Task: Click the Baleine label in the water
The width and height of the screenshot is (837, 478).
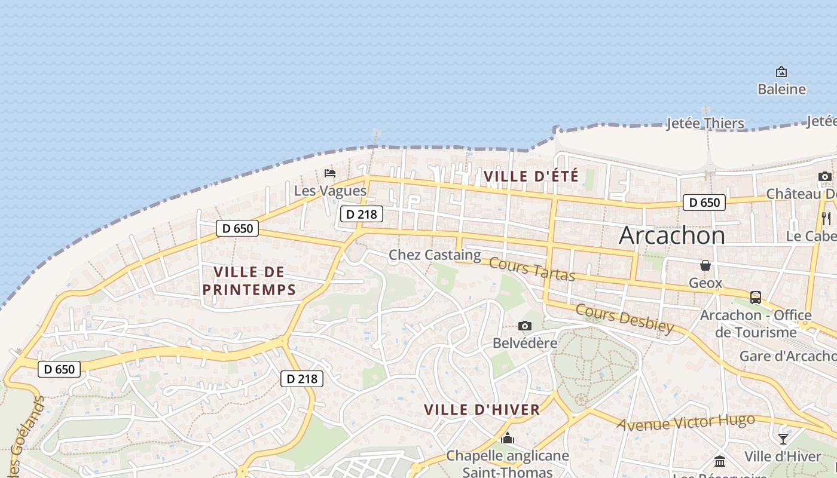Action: point(781,90)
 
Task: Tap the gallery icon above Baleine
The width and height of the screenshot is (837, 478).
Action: point(781,72)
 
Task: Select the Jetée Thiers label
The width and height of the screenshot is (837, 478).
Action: point(705,124)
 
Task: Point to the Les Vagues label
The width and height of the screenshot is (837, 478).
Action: point(330,191)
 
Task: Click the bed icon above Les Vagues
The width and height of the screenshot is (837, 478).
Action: point(330,173)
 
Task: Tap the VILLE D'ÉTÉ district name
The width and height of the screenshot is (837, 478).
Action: point(531,177)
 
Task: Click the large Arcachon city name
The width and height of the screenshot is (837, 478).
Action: point(672,235)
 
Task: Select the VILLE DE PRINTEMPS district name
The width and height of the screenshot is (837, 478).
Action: point(249,281)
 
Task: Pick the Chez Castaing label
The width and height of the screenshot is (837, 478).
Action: point(435,256)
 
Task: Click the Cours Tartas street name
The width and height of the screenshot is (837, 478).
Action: point(532,269)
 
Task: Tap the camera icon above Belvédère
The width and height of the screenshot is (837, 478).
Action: point(525,326)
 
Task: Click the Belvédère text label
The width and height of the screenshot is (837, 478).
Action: point(525,344)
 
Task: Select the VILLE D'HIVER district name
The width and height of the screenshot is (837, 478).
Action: point(482,410)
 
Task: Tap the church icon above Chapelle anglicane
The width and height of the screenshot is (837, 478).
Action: point(508,439)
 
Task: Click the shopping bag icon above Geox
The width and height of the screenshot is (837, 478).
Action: point(705,265)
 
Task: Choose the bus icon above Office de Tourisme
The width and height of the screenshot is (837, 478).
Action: point(756,297)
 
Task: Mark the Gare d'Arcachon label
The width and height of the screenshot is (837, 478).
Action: point(787,356)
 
